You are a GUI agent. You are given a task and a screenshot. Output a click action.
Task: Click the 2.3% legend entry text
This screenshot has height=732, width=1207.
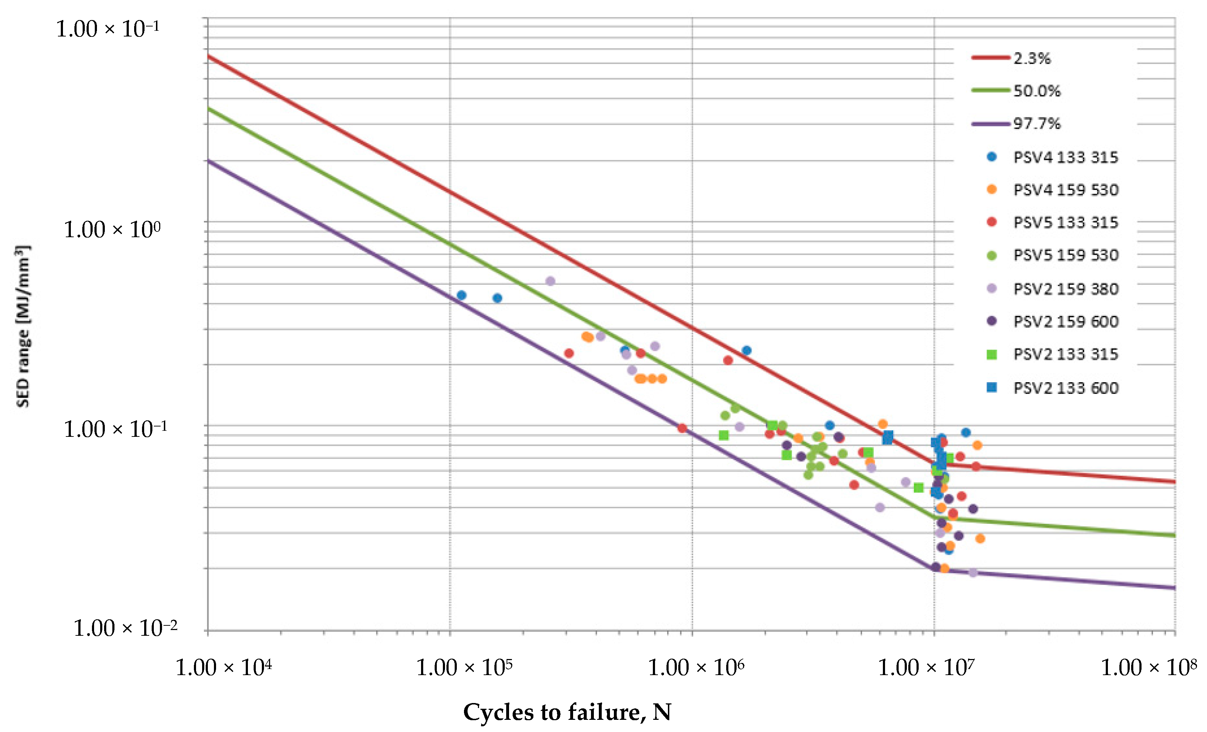click(x=1032, y=58)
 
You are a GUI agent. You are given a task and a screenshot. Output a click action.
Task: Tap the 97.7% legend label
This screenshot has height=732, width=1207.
click(x=1036, y=123)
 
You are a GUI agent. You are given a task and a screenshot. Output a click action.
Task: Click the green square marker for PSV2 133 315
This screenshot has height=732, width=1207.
click(x=992, y=354)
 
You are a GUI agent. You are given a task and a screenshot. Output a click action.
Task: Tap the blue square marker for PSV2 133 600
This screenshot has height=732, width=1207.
click(x=992, y=387)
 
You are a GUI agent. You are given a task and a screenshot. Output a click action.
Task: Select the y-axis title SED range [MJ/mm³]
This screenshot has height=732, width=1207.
click(x=23, y=326)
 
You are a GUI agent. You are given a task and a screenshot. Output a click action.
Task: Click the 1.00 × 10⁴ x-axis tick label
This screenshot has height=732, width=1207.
click(x=223, y=667)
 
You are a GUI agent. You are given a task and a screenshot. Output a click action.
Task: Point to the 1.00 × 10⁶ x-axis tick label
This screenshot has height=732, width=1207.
click(x=695, y=667)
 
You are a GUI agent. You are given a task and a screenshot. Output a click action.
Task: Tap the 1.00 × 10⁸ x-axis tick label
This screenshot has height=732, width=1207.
click(x=1148, y=667)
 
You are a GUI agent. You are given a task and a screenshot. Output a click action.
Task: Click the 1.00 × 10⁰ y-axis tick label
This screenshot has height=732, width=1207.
click(x=112, y=229)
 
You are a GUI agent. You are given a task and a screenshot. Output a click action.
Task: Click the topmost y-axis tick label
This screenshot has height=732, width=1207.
click(x=107, y=29)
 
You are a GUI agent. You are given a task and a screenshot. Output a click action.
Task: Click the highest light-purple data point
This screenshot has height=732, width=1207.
click(x=550, y=281)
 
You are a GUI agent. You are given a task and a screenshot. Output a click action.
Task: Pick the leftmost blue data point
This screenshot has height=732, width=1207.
click(x=461, y=295)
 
